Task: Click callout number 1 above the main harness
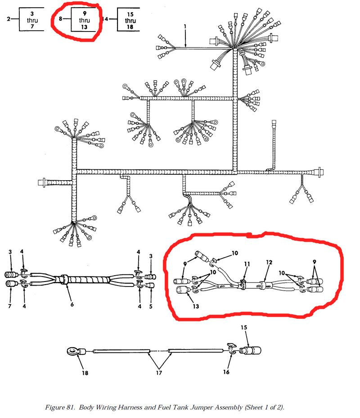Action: pyautogui.click(x=185, y=27)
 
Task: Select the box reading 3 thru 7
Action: pyautogui.click(x=31, y=19)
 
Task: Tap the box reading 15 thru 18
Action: pyautogui.click(x=129, y=19)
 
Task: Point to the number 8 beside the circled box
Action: pyautogui.click(x=60, y=18)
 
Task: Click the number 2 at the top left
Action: pyautogui.click(x=9, y=18)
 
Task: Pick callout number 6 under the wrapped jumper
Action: pyautogui.click(x=72, y=304)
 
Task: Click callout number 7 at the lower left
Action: pyautogui.click(x=10, y=306)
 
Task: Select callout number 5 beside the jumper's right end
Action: pyautogui.click(x=151, y=306)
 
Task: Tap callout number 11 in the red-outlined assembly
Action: pyautogui.click(x=247, y=264)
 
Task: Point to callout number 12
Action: pyautogui.click(x=269, y=262)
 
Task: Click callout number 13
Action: pyautogui.click(x=196, y=306)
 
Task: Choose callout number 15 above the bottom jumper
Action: pyautogui.click(x=244, y=327)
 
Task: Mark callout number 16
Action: pyautogui.click(x=226, y=372)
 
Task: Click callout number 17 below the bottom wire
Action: pyautogui.click(x=159, y=373)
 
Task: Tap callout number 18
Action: pyautogui.click(x=85, y=373)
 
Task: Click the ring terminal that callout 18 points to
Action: pyautogui.click(x=76, y=351)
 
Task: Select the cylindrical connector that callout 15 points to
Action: pyautogui.click(x=251, y=350)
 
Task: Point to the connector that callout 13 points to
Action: pyautogui.click(x=184, y=290)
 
